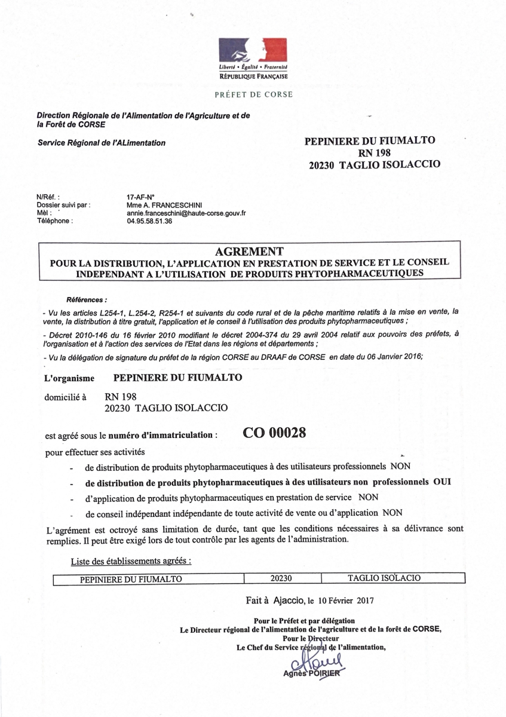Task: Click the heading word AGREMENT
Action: point(249,251)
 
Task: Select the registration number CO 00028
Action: point(275,434)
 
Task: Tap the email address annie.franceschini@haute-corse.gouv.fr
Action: point(183,213)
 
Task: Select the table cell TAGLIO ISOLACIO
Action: point(384,578)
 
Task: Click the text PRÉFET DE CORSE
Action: point(253,94)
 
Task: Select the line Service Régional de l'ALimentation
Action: point(102,143)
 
